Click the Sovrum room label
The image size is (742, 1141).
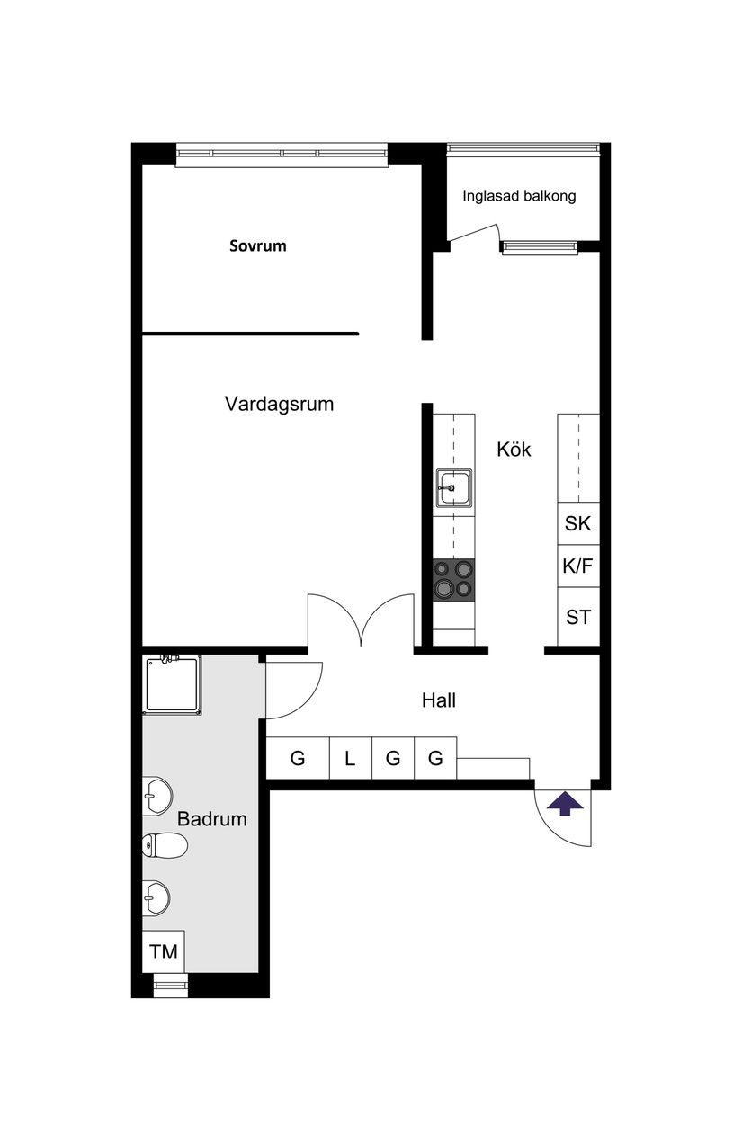(x=257, y=245)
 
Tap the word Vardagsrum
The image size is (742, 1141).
(x=279, y=404)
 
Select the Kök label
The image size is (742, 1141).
(x=514, y=450)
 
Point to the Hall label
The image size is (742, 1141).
(x=439, y=700)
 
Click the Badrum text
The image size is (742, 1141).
(x=211, y=819)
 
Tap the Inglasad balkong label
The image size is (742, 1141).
(x=519, y=196)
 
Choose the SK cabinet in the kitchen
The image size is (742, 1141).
(x=577, y=523)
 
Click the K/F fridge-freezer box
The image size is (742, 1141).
(x=577, y=566)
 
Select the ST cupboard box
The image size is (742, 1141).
(x=577, y=618)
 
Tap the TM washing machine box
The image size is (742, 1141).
(x=164, y=952)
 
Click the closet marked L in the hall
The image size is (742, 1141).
(x=350, y=759)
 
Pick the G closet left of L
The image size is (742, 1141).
(x=298, y=759)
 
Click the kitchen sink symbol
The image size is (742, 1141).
(x=454, y=489)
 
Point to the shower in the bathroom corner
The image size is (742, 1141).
(x=171, y=685)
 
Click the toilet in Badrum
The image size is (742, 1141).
(x=165, y=844)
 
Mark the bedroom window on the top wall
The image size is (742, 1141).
(x=282, y=155)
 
